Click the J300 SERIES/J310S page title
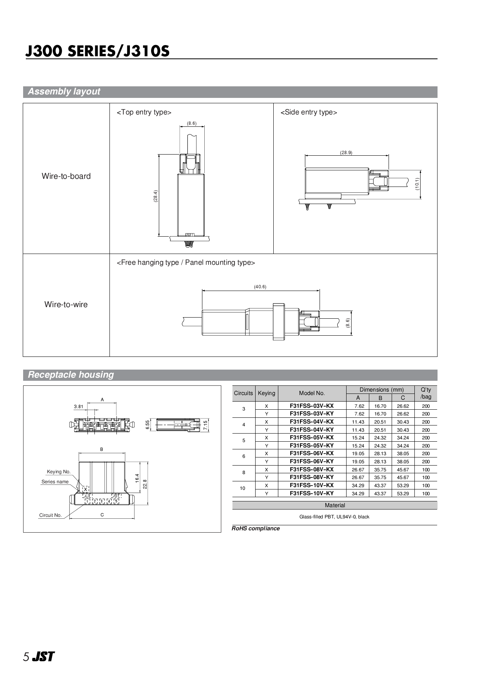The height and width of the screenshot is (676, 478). pyautogui.click(x=97, y=51)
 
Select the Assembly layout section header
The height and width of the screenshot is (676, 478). pyautogui.click(x=64, y=92)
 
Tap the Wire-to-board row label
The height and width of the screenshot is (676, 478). pyautogui.click(x=66, y=176)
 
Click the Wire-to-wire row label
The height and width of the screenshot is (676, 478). pyautogui.click(x=66, y=304)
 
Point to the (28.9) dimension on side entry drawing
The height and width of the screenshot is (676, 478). pyautogui.click(x=346, y=153)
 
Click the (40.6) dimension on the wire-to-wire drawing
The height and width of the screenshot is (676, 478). pyautogui.click(x=260, y=287)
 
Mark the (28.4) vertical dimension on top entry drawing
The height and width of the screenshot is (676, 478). pyautogui.click(x=155, y=196)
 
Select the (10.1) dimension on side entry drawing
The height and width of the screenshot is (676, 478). pyautogui.click(x=417, y=184)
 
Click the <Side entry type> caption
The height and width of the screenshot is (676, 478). pyautogui.click(x=308, y=112)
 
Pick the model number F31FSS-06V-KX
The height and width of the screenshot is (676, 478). pyautogui.click(x=311, y=453)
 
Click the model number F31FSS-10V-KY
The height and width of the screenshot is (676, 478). pyautogui.click(x=311, y=493)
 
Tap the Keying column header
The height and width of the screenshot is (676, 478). pyautogui.click(x=266, y=393)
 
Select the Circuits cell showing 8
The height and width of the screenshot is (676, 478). pyautogui.click(x=243, y=473)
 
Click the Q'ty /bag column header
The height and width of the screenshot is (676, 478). pyautogui.click(x=426, y=393)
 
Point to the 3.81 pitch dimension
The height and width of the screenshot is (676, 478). pyautogui.click(x=78, y=407)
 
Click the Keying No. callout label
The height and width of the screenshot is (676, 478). pyautogui.click(x=59, y=472)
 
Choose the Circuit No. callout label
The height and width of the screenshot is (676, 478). pyautogui.click(x=50, y=515)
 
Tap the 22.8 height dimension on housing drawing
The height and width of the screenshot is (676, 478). pyautogui.click(x=145, y=484)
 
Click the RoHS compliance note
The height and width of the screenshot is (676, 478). pyautogui.click(x=256, y=528)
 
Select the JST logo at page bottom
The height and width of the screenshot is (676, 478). pyautogui.click(x=43, y=657)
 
